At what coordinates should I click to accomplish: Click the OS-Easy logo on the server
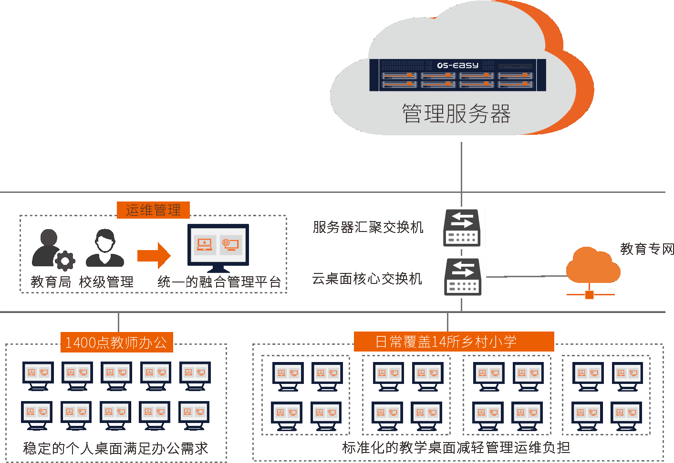pyautogui.click(x=457, y=65)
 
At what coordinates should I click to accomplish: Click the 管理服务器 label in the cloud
pyautogui.click(x=456, y=114)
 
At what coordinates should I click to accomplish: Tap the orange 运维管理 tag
pyautogui.click(x=153, y=210)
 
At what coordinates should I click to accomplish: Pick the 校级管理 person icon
pyautogui.click(x=105, y=248)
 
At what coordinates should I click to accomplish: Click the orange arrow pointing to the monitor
pyautogui.click(x=154, y=256)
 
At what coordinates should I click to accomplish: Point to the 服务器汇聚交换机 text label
pyautogui.click(x=368, y=227)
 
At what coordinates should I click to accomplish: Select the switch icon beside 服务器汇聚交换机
pyautogui.click(x=461, y=228)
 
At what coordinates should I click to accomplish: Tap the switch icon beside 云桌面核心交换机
pyautogui.click(x=462, y=277)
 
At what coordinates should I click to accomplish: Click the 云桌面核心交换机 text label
pyautogui.click(x=367, y=279)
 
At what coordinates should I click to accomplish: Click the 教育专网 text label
pyautogui.click(x=647, y=249)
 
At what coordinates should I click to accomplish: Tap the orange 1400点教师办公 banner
pyautogui.click(x=116, y=342)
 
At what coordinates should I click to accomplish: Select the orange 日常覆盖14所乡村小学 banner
pyautogui.click(x=454, y=342)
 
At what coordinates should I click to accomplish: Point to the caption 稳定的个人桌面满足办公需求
pyautogui.click(x=115, y=448)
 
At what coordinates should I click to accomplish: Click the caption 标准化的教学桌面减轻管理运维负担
pyautogui.click(x=456, y=447)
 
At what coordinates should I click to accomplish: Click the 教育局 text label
pyautogui.click(x=51, y=282)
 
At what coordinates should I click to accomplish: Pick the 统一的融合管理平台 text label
pyautogui.click(x=219, y=282)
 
